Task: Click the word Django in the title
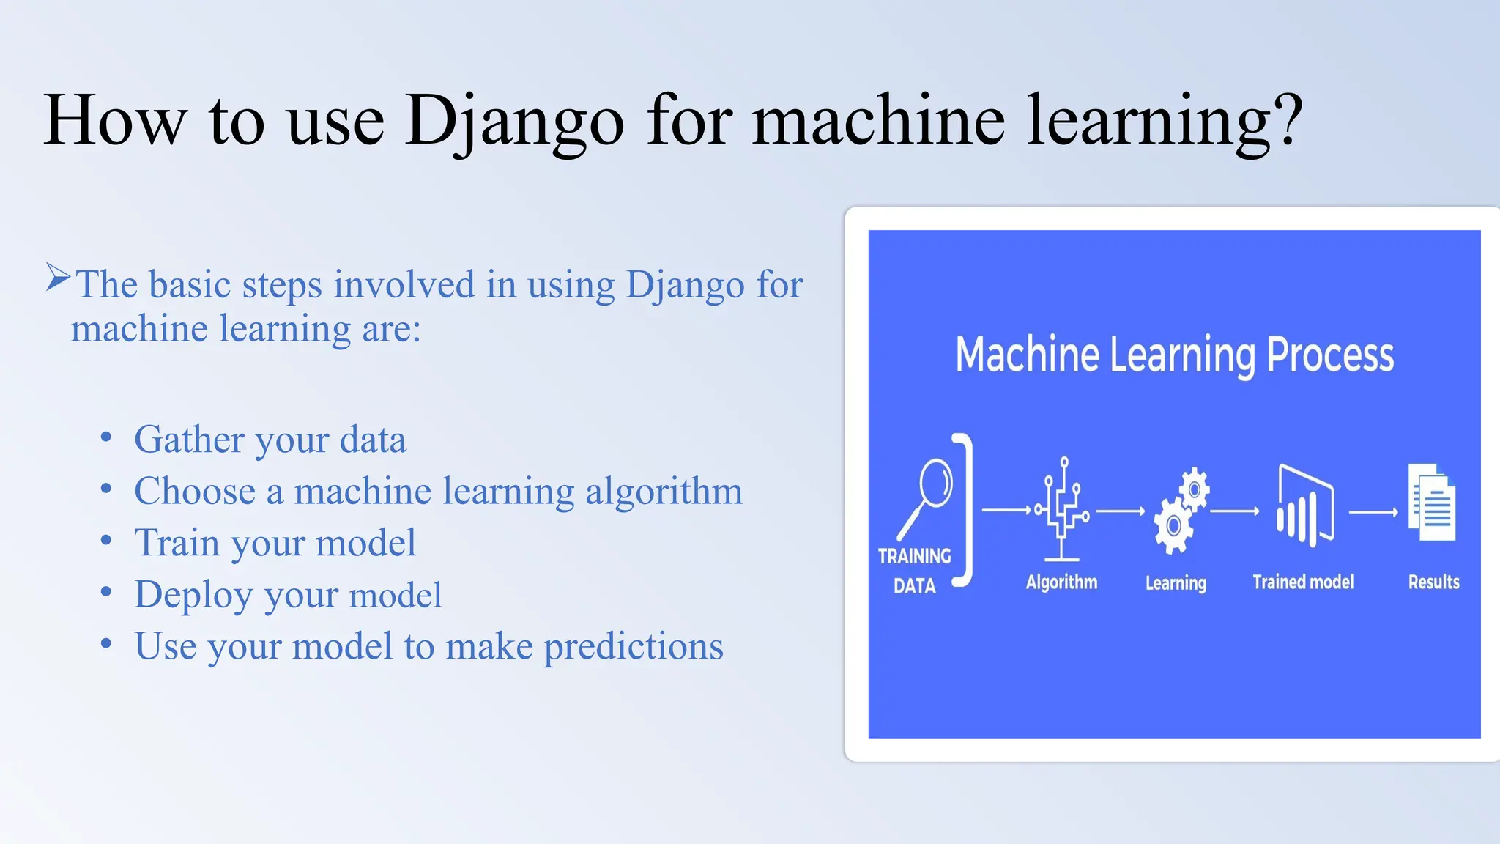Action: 514,121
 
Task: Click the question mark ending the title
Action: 1288,119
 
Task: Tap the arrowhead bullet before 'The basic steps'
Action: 58,278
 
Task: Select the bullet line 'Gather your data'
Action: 270,440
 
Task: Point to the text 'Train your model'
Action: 275,543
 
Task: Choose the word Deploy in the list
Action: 193,595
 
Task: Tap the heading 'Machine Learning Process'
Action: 1174,355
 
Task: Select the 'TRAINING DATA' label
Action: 914,571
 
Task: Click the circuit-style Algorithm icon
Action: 1062,509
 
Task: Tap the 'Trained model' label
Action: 1303,582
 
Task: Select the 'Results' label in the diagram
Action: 1433,582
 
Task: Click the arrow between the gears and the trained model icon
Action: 1235,511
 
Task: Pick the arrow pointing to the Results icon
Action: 1373,512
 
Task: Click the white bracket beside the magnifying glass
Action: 966,510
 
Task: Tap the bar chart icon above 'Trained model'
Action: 1304,506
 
